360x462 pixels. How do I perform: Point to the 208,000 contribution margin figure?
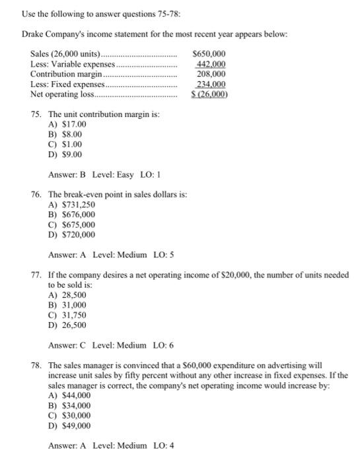click(x=211, y=74)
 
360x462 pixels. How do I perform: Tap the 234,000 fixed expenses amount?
click(x=211, y=84)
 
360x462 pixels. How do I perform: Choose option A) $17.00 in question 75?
click(x=67, y=124)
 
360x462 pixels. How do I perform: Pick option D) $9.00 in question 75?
click(x=65, y=154)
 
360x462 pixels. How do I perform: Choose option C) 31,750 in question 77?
click(x=67, y=315)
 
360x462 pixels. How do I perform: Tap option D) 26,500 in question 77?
click(x=67, y=325)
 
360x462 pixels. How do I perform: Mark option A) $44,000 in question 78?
click(x=69, y=395)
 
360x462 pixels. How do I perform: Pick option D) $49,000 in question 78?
click(x=69, y=426)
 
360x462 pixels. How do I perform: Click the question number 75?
click(x=36, y=114)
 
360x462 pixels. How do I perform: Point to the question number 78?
click(x=36, y=364)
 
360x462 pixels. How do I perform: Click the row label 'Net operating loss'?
click(x=61, y=94)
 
